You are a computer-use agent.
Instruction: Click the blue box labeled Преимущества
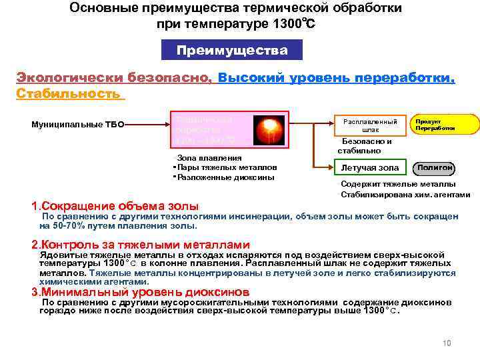tap(232, 51)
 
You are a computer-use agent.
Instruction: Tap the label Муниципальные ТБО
tap(78, 125)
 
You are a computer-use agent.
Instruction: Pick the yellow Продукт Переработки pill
tap(443, 125)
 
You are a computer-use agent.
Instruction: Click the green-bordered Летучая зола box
tap(370, 167)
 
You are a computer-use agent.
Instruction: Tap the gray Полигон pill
tap(435, 167)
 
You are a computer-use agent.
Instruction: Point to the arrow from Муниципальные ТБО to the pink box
tap(147, 124)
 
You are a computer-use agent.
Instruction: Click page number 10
tap(446, 343)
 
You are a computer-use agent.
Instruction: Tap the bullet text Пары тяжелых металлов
tap(226, 167)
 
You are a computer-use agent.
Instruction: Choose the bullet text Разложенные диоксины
tap(226, 177)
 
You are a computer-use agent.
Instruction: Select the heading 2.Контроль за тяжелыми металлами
tap(141, 245)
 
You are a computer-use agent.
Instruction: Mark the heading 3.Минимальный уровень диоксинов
tap(141, 291)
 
